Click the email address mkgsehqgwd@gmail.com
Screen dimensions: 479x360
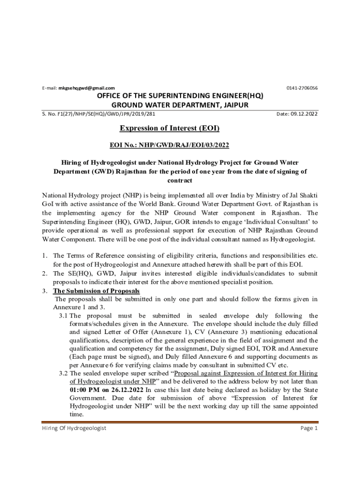coord(86,88)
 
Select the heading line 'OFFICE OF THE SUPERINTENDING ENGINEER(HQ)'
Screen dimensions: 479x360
coord(180,96)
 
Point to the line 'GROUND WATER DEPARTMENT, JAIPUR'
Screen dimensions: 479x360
coord(180,105)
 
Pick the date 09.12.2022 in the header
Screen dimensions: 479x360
coord(304,114)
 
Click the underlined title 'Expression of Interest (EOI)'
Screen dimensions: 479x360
coord(170,128)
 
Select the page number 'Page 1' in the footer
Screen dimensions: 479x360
coord(309,428)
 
